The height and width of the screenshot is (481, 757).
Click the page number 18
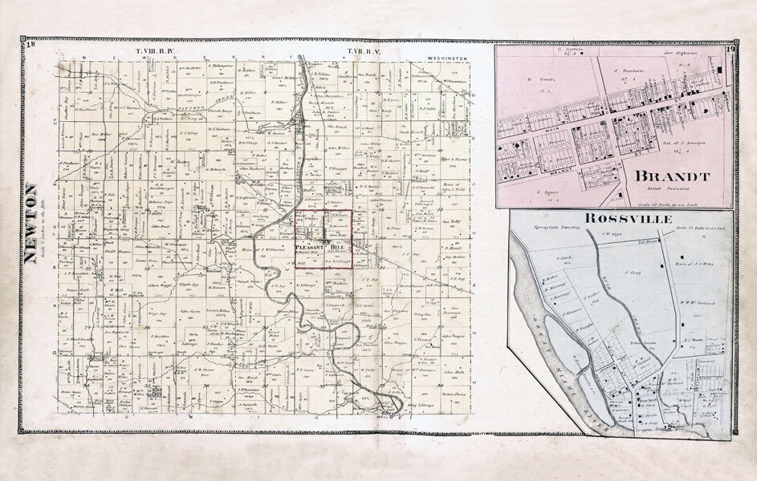[30, 45]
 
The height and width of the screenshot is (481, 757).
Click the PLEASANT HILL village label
[326, 247]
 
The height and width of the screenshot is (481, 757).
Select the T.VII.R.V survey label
[364, 52]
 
